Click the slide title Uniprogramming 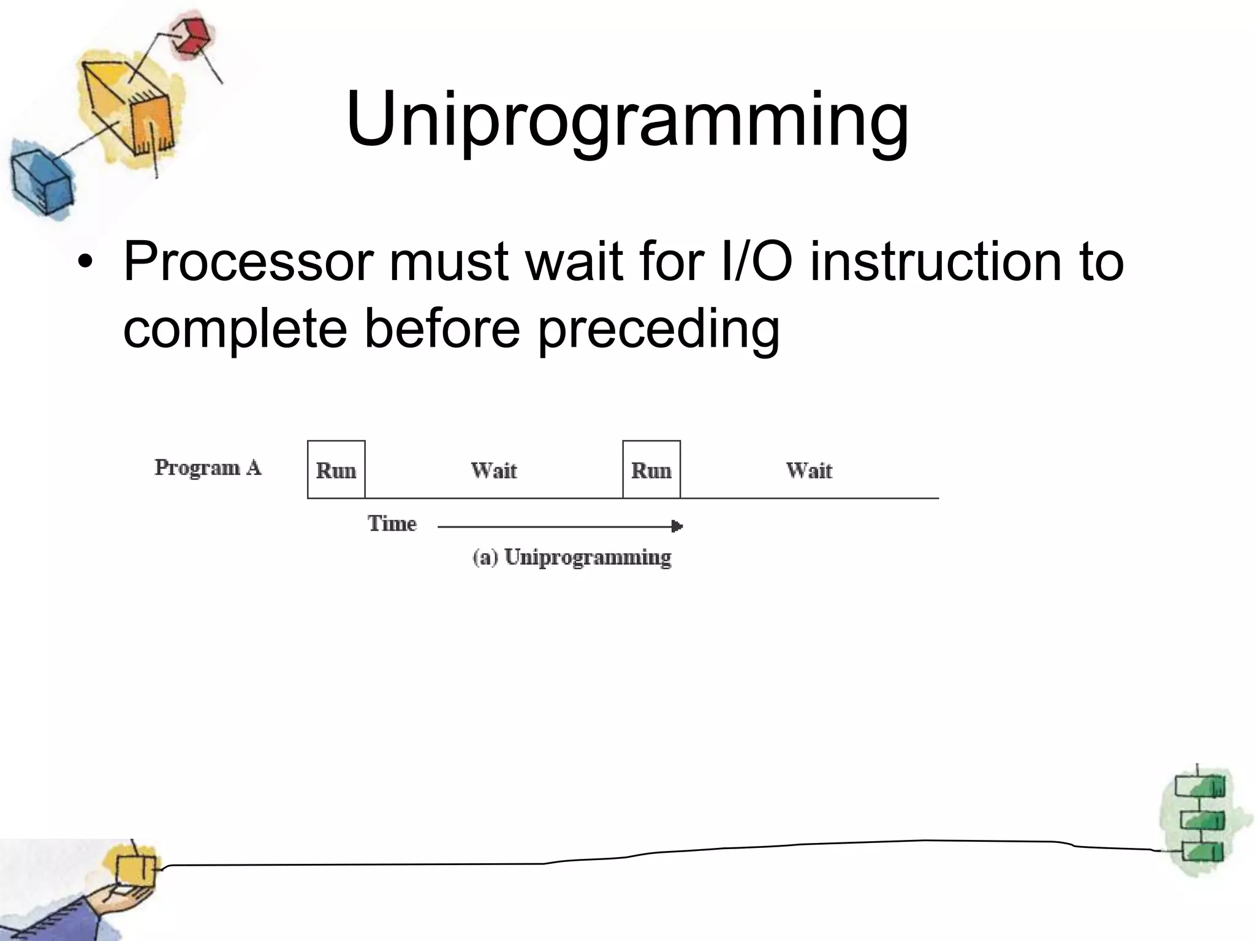click(x=626, y=119)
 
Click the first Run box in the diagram click(x=336, y=470)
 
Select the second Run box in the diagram click(x=651, y=470)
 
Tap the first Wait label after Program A click(x=494, y=470)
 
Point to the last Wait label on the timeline click(x=809, y=470)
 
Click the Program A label click(x=208, y=467)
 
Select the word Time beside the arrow click(x=392, y=524)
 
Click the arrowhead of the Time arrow click(x=677, y=526)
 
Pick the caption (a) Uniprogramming click(x=572, y=557)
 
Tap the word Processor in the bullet click(x=248, y=262)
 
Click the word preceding click(x=659, y=330)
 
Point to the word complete click(x=235, y=330)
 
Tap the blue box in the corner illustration click(x=40, y=182)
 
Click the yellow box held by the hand click(x=135, y=870)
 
